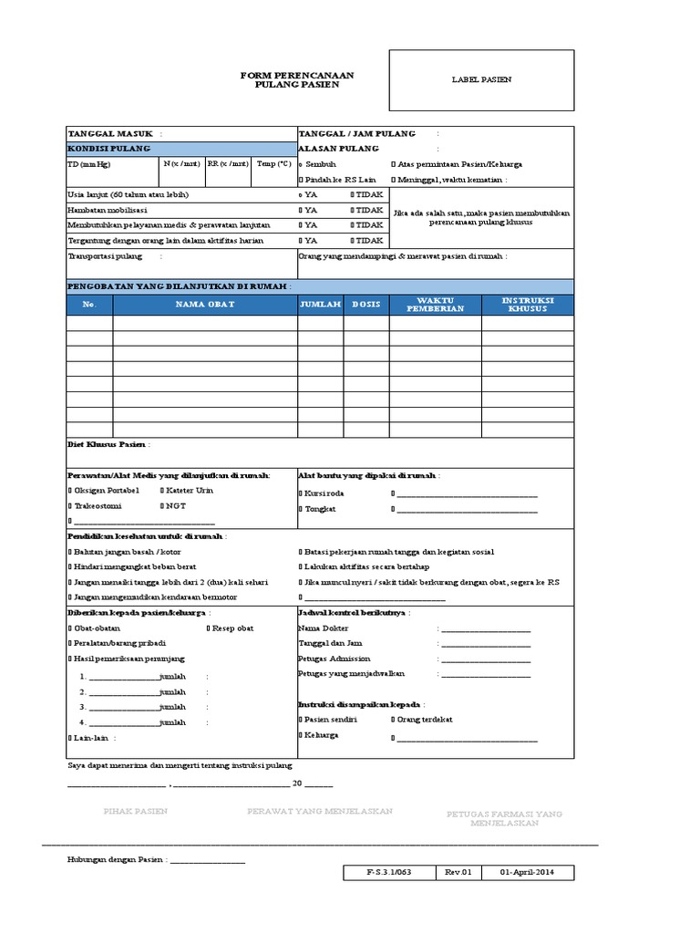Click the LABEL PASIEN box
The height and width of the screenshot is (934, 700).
pyautogui.click(x=481, y=80)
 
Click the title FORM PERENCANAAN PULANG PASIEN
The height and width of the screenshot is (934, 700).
pyautogui.click(x=297, y=79)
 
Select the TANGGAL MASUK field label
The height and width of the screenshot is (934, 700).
pyautogui.click(x=110, y=133)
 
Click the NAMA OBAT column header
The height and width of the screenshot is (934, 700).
pyautogui.click(x=205, y=304)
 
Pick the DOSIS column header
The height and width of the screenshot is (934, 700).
pyautogui.click(x=366, y=304)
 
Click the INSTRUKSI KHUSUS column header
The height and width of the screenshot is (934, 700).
pyautogui.click(x=528, y=304)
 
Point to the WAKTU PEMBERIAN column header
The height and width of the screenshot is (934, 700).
pyautogui.click(x=435, y=304)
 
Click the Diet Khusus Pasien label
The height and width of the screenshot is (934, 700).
pyautogui.click(x=107, y=444)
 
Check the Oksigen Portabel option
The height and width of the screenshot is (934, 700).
pyautogui.click(x=104, y=491)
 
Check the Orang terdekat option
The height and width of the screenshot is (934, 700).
pyautogui.click(x=421, y=720)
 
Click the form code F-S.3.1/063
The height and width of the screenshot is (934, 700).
pyautogui.click(x=389, y=873)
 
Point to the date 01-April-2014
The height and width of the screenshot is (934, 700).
pyautogui.click(x=529, y=873)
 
